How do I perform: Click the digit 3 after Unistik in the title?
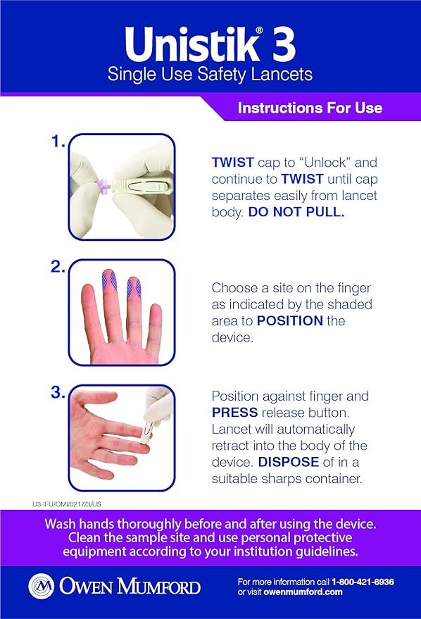click(283, 44)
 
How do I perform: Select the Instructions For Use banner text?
click(310, 108)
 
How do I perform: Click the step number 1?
click(58, 141)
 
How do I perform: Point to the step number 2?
click(58, 267)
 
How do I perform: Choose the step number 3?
click(58, 392)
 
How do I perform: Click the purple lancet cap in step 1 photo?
click(103, 186)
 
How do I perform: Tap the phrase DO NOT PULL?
click(296, 212)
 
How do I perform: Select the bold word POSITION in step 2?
click(290, 320)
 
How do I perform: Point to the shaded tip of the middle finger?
click(109, 280)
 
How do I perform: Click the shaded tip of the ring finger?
click(134, 287)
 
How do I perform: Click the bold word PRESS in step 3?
click(234, 413)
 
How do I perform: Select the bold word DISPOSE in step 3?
click(289, 462)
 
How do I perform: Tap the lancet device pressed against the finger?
click(146, 431)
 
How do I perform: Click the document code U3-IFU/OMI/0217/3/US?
click(67, 504)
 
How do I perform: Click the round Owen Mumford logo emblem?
click(42, 586)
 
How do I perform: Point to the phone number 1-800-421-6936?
click(363, 582)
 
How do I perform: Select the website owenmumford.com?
click(303, 592)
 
